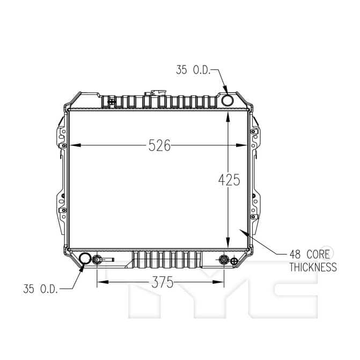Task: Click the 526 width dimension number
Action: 159,145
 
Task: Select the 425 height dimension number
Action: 229,180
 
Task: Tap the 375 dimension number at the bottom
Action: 163,282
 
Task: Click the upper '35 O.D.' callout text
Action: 193,70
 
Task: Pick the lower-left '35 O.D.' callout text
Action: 40,289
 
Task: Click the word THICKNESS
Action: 313,267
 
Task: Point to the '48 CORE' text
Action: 310,254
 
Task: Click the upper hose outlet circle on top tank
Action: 227,100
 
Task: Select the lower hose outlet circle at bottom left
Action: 85,259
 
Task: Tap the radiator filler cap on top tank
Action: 155,93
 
